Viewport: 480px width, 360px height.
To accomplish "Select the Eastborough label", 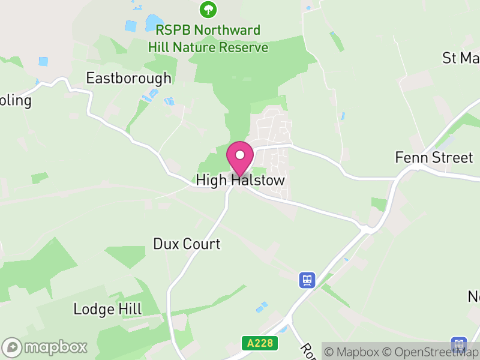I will click(x=128, y=78).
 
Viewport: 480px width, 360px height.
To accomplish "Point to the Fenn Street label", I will click(x=434, y=158).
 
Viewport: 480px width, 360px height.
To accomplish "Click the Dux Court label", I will click(x=187, y=244).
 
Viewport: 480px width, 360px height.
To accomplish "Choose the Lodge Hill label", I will click(x=107, y=310).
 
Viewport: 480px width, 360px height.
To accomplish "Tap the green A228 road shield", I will click(x=255, y=343).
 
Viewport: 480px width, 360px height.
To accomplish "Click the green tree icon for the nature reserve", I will click(x=208, y=9).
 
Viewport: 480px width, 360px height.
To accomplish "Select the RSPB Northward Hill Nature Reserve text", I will click(x=208, y=38).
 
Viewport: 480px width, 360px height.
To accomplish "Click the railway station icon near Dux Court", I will click(x=307, y=280).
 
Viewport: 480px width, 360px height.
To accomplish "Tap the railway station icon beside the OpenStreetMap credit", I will click(x=460, y=344).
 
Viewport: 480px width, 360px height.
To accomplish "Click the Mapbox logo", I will click(x=45, y=347).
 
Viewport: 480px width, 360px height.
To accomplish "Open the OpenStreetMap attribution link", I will click(x=429, y=351).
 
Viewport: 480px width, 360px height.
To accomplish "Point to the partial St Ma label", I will click(x=461, y=58).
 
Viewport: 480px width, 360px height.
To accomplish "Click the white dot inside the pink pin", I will click(x=240, y=155).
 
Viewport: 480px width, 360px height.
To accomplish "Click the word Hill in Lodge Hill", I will click(x=130, y=310).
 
